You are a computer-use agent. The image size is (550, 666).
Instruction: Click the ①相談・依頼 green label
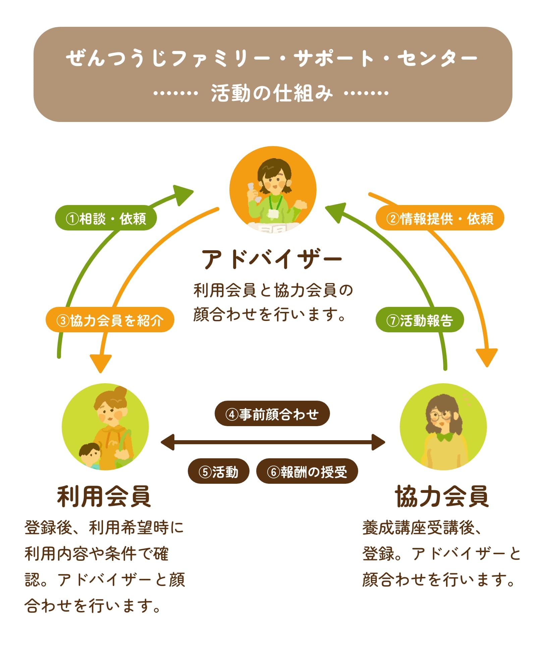tap(106, 218)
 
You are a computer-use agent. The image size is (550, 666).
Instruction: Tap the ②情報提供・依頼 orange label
tap(440, 218)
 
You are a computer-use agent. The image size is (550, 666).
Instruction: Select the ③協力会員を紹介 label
tap(110, 320)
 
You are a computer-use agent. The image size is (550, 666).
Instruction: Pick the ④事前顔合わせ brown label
tap(272, 414)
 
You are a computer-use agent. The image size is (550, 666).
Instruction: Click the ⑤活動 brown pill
tap(218, 472)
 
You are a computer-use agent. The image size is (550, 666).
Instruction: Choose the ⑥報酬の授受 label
tap(307, 472)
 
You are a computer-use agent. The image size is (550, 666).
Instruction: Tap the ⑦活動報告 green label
tap(420, 320)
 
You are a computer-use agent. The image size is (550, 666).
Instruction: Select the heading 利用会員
tap(104, 497)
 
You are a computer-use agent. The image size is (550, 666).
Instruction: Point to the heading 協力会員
tap(442, 497)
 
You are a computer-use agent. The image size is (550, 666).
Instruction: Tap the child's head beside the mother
tap(90, 452)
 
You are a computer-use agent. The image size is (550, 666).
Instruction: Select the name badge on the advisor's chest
tap(273, 213)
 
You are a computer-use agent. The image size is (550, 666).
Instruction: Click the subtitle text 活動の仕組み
tap(272, 93)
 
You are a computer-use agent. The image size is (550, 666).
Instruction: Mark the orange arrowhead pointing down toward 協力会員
tap(487, 357)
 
